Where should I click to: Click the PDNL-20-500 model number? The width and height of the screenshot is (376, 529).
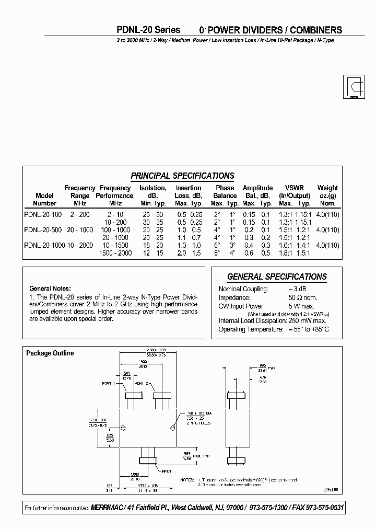pyautogui.click(x=43, y=230)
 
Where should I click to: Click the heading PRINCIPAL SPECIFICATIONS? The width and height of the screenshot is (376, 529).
pyautogui.click(x=182, y=176)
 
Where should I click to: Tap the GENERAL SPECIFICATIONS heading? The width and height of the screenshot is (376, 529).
pyautogui.click(x=277, y=277)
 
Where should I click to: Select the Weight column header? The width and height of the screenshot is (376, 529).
pyautogui.click(x=327, y=188)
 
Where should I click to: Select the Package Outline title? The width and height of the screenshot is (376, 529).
pyautogui.click(x=50, y=353)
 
